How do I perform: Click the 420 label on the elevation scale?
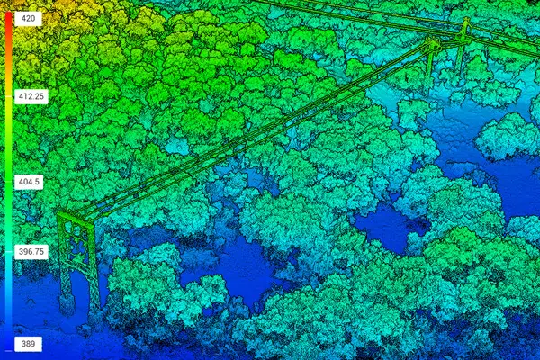[x=27, y=18]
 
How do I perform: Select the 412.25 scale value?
[x=31, y=95]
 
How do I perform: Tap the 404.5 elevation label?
[x=30, y=182]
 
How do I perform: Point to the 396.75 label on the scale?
[x=31, y=252]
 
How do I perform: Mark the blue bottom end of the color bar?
[x=8, y=342]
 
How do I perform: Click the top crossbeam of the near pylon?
[x=76, y=217]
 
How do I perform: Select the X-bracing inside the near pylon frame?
[x=79, y=248]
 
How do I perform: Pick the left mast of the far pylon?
[x=431, y=63]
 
